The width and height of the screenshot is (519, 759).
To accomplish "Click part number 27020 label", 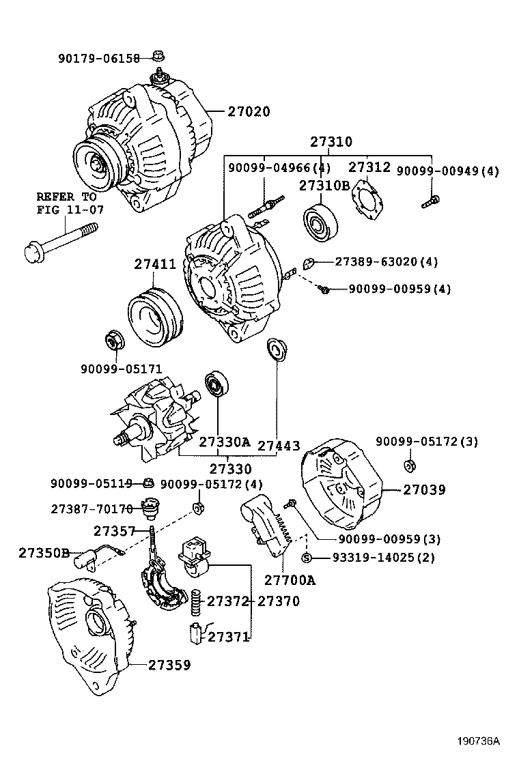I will (x=249, y=112).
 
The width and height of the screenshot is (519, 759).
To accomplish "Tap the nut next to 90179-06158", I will (x=158, y=56).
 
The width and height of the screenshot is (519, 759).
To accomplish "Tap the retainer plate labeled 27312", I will (x=369, y=201).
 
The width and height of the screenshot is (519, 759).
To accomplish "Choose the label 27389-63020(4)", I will (x=386, y=261).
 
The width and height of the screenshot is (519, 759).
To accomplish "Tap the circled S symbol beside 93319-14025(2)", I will (x=307, y=558).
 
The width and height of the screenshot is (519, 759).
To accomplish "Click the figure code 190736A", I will (x=478, y=741).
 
